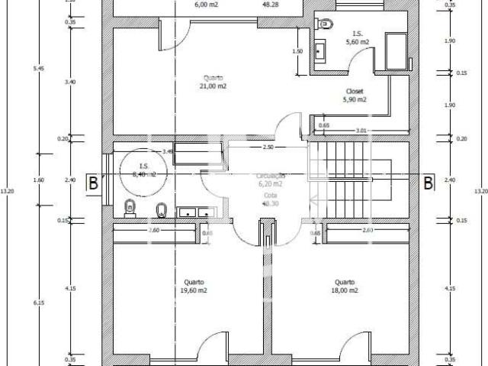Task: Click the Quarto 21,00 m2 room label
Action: tap(214, 82)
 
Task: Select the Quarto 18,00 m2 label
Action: tap(345, 286)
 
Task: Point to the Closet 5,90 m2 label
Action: tap(355, 95)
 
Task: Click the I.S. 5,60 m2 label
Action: tap(357, 38)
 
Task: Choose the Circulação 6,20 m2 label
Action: tap(271, 180)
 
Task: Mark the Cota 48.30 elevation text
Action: tap(270, 198)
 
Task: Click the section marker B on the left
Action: tap(93, 183)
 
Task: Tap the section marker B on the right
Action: tap(428, 183)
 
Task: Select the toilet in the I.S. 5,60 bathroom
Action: tap(326, 22)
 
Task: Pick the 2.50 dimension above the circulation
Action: tap(268, 146)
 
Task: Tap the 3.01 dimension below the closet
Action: tap(361, 131)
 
